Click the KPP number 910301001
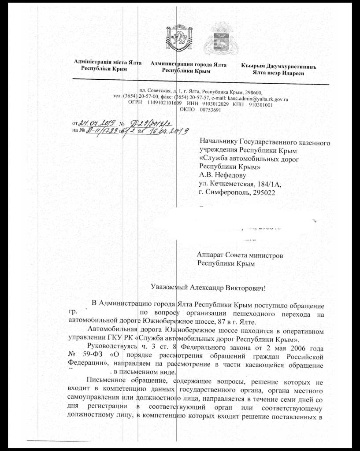click(261, 105)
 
